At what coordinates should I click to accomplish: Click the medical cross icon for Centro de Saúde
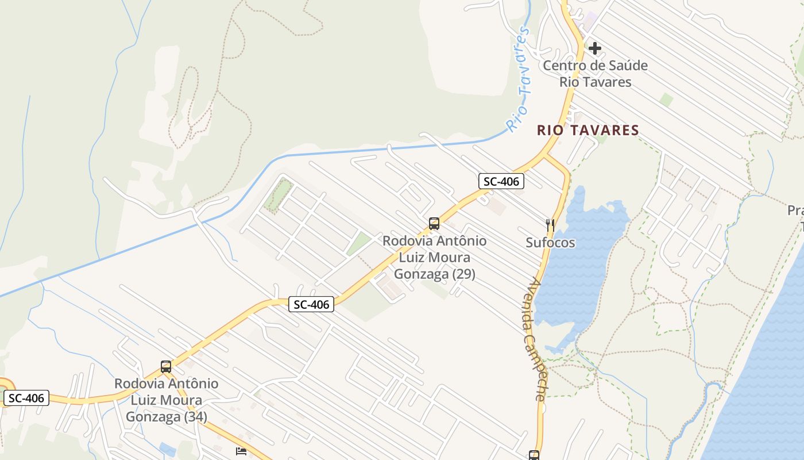(x=595, y=48)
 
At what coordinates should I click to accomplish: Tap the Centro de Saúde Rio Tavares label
(x=595, y=74)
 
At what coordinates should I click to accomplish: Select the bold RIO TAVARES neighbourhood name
(x=587, y=131)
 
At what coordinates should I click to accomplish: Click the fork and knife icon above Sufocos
(x=550, y=225)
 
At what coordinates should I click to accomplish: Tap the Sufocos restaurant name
(x=550, y=243)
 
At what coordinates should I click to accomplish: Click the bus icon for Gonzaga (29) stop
(x=434, y=224)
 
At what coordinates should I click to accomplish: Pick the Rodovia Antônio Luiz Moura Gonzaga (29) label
(x=434, y=257)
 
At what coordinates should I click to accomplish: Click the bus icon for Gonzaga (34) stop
(x=166, y=366)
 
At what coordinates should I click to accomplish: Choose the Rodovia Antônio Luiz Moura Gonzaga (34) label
(x=166, y=400)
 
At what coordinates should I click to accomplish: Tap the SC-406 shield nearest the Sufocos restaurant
(x=501, y=182)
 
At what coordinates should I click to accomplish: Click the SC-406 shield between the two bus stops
(x=311, y=304)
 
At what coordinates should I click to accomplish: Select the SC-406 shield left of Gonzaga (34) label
(x=26, y=398)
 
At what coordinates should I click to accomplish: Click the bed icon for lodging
(x=241, y=451)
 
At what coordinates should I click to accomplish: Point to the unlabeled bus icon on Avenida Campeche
(x=534, y=455)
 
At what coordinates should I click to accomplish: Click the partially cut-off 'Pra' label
(x=795, y=210)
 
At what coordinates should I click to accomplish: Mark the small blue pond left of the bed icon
(x=168, y=449)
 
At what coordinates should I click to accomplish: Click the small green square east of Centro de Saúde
(x=666, y=99)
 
